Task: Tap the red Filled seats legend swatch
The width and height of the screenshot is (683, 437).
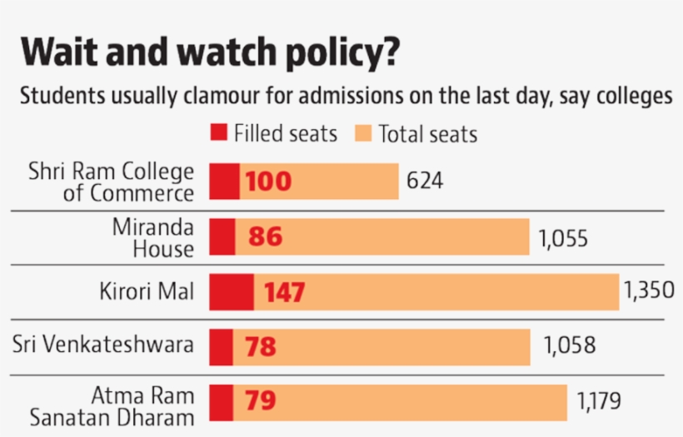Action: [218, 133]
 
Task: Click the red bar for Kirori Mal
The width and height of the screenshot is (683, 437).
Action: [231, 292]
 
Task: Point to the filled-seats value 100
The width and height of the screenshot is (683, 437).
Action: [268, 181]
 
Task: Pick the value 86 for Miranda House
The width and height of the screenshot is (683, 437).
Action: [265, 237]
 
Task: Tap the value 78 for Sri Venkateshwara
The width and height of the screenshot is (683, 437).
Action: [260, 347]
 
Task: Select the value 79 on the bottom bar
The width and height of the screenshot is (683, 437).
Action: [260, 401]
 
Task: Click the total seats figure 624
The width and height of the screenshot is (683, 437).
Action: [425, 181]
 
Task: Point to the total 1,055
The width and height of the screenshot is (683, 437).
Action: [563, 239]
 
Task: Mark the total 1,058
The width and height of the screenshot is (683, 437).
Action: [570, 345]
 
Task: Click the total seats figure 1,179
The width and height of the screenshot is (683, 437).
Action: [598, 401]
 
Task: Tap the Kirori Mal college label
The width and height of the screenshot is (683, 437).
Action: [147, 292]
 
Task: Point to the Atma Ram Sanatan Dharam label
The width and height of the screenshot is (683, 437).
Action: [112, 408]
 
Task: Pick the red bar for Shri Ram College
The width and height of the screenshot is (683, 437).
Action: [224, 181]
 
